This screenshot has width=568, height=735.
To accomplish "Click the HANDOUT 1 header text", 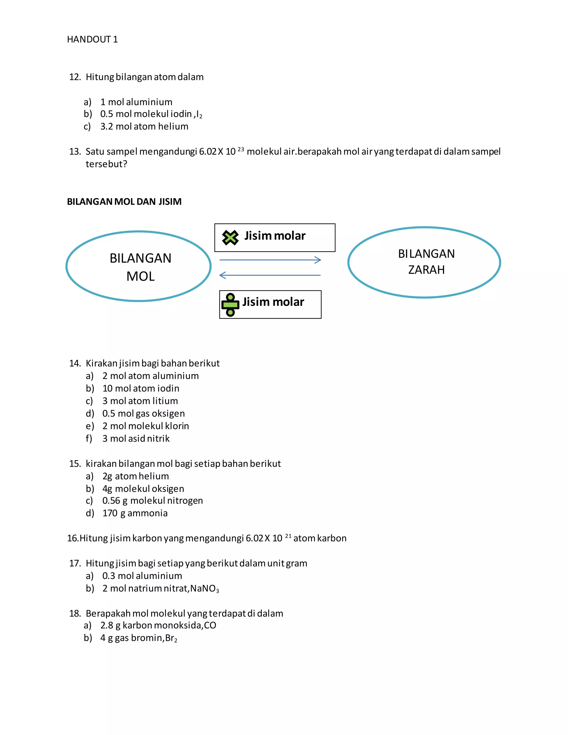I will click(92, 39).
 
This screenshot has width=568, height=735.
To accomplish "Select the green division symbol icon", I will click(230, 305).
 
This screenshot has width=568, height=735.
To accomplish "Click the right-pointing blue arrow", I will click(270, 260).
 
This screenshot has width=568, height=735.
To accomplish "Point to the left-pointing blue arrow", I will click(270, 275).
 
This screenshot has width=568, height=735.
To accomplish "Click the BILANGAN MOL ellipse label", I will click(140, 267).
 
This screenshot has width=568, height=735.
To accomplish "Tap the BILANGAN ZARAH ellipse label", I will click(426, 262).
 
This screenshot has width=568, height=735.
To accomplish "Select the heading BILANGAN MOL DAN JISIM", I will click(124, 202).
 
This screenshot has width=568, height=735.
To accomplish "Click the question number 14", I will click(75, 363).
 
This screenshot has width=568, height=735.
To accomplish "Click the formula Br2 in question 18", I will click(171, 638).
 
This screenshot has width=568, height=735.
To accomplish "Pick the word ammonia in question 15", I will click(147, 513).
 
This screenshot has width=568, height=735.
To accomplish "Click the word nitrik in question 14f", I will click(158, 439).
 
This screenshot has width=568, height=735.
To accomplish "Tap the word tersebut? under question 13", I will click(106, 164).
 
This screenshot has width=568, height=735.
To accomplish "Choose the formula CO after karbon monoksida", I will click(210, 625).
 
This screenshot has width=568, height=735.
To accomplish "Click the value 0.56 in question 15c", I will click(111, 501).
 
